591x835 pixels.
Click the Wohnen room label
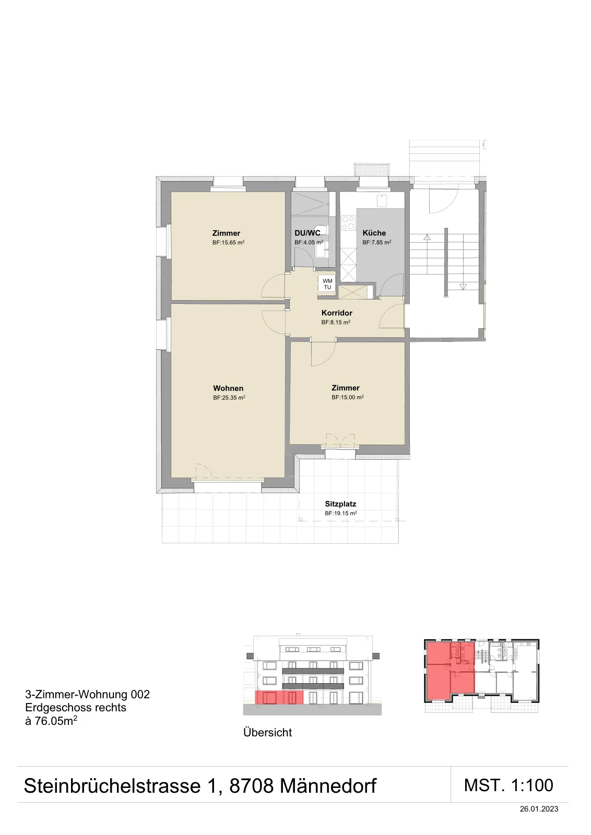coord(228,388)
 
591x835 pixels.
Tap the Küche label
coord(374,233)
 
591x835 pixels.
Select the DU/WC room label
coord(307,233)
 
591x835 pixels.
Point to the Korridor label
coord(337,313)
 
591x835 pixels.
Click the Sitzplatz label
coord(340,504)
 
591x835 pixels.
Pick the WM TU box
coord(327,284)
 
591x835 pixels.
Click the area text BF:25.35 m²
coord(229,398)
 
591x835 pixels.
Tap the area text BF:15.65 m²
coord(228,242)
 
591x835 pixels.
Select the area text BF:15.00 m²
coord(348,397)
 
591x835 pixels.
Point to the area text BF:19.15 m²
coord(341,514)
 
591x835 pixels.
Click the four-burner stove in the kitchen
coord(348,223)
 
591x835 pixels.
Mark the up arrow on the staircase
coord(427,237)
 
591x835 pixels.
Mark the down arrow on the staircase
coord(463,287)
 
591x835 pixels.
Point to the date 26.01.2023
coord(539,809)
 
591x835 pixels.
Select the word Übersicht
coord(267,733)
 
